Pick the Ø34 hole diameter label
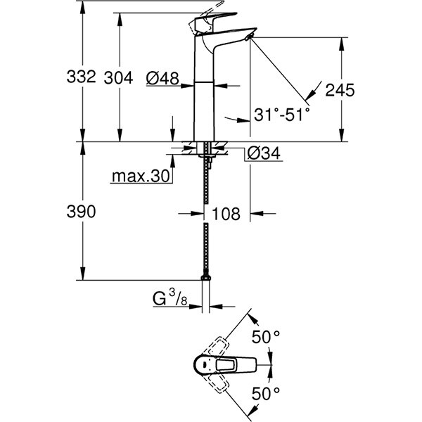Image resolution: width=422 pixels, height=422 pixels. click(263, 152)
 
